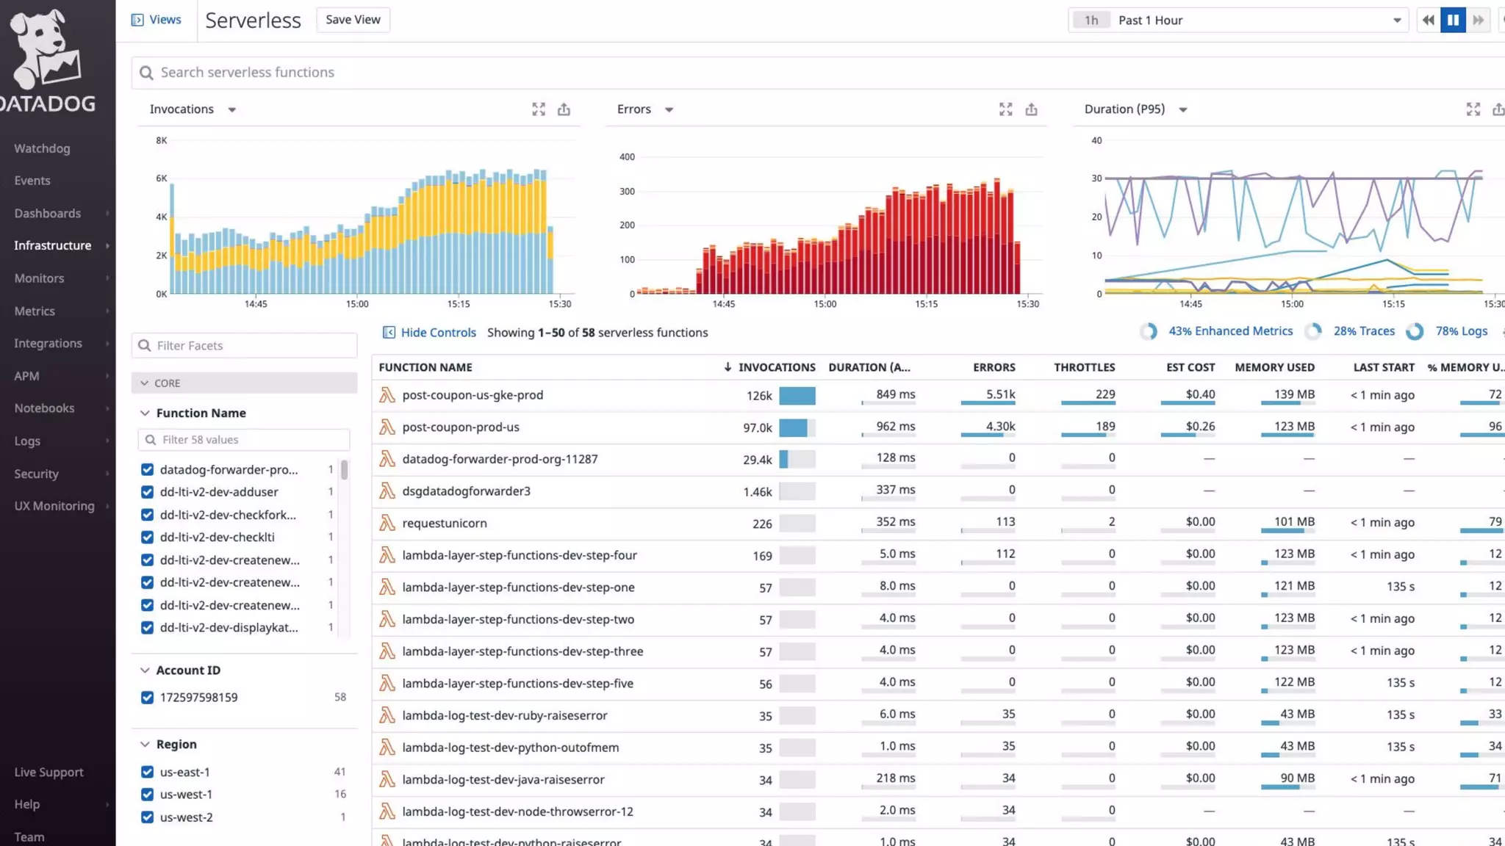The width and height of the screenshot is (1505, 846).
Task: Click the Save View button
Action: tap(353, 20)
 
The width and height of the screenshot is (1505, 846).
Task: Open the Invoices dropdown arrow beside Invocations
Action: tap(232, 110)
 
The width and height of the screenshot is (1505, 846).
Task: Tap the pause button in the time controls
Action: tap(1453, 21)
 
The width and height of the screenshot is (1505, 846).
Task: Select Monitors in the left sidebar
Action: tap(39, 278)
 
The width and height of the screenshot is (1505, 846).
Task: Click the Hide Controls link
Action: tap(438, 333)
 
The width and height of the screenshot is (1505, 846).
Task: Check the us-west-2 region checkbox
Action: tap(147, 817)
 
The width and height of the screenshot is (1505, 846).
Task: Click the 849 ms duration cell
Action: tap(895, 394)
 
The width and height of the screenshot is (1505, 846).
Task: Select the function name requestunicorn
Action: tap(444, 523)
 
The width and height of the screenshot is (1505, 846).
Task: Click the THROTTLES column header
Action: tap(1084, 367)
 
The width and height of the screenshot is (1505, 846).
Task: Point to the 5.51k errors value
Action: tap(1000, 394)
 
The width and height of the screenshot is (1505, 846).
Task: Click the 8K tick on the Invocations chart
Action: tap(162, 140)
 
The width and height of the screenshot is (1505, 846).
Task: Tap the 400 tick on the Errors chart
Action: tap(627, 157)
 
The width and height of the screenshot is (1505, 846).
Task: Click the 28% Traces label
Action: tap(1363, 331)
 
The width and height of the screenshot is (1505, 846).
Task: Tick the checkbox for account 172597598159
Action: tap(147, 698)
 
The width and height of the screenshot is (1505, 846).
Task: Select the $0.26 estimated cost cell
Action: tap(1199, 427)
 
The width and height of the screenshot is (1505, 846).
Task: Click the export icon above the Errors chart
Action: tap(1031, 109)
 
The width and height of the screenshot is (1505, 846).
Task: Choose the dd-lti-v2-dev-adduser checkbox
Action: tap(147, 492)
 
